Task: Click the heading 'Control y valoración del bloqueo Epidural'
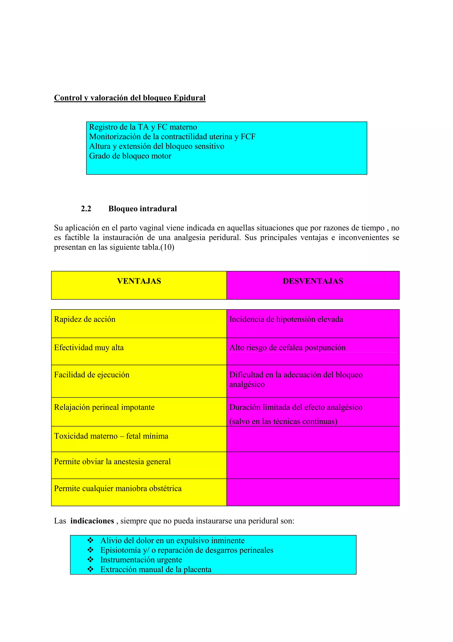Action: coord(130,98)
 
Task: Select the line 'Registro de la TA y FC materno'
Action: coord(143,127)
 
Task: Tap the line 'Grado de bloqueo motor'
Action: coord(130,156)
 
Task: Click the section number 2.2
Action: coord(86,209)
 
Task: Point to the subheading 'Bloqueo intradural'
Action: coord(142,209)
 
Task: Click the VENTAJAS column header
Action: coord(139,281)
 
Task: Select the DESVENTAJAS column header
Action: coord(313,281)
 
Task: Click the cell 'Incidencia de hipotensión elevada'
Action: coord(286,319)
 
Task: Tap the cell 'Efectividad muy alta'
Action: coord(89,348)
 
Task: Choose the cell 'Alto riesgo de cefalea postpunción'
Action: coord(287,348)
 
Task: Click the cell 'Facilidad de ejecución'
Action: coord(92,375)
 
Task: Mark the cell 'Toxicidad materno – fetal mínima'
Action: coord(111,436)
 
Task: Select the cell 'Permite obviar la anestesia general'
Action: coord(112,461)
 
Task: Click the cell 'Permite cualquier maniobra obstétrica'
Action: coord(118,488)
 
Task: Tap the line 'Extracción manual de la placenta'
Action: coord(156,569)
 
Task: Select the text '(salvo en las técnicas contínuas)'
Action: coord(283,421)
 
